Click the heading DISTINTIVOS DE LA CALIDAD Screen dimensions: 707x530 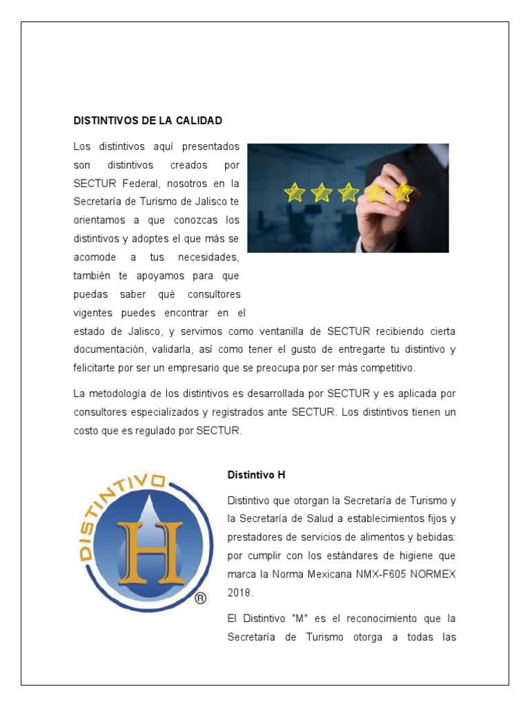click(148, 121)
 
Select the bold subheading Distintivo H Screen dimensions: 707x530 click(256, 475)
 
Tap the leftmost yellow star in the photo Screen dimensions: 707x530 click(295, 192)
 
